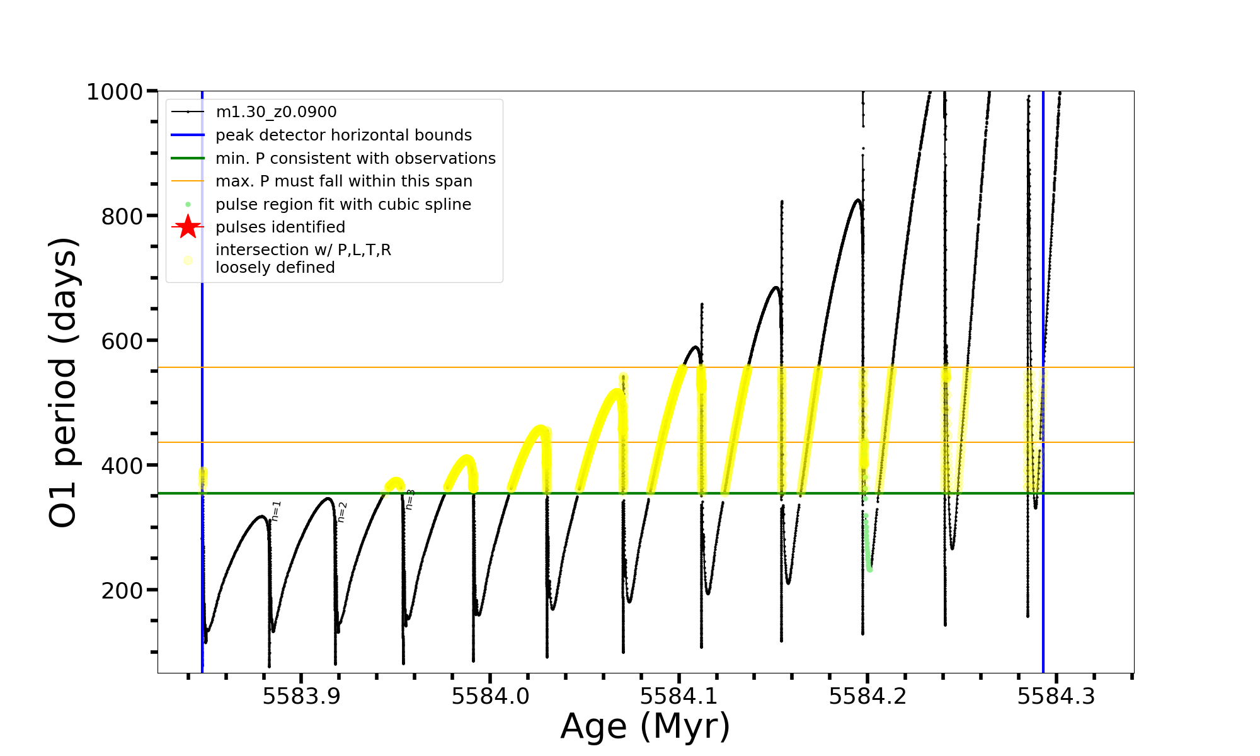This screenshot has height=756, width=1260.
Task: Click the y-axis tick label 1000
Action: coord(115,92)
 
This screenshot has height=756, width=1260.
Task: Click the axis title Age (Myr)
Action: coord(645,726)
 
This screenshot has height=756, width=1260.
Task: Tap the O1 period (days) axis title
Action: coord(63,382)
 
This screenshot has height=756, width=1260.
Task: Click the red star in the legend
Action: coord(188,227)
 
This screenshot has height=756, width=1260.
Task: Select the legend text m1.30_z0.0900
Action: coord(276,112)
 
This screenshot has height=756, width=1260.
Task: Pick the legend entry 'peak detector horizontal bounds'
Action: coord(343,135)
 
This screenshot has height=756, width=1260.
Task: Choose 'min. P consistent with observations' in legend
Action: coord(355,158)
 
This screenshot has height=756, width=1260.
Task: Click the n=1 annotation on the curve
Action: coord(276,511)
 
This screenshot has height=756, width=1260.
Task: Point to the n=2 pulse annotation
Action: coord(342,512)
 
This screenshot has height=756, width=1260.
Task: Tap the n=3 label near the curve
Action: coord(410,499)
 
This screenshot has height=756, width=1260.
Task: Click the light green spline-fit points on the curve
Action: coord(868,548)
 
